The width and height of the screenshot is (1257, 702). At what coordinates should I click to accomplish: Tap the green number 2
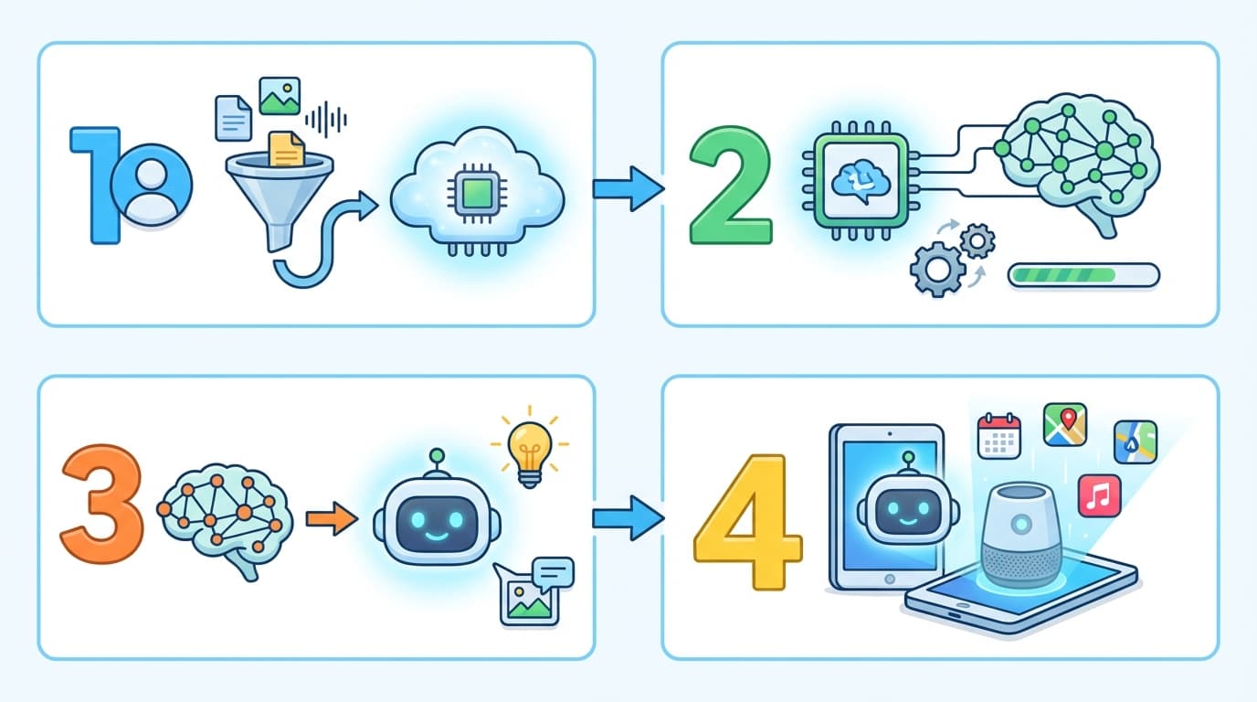click(x=730, y=188)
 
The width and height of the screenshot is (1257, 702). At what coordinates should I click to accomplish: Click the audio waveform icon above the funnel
click(x=326, y=119)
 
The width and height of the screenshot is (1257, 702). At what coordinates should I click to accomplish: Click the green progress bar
click(x=1083, y=274)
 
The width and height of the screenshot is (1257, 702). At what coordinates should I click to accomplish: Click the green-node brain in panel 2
click(x=1078, y=155)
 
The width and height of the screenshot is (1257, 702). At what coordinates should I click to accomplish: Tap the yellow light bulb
click(x=529, y=446)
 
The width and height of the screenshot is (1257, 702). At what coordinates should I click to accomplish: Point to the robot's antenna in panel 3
click(x=437, y=460)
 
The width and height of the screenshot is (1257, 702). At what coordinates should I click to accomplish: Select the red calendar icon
click(x=998, y=435)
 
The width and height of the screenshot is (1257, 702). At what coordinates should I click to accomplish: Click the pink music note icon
click(x=1099, y=495)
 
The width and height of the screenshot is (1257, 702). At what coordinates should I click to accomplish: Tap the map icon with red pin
click(x=1064, y=425)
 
